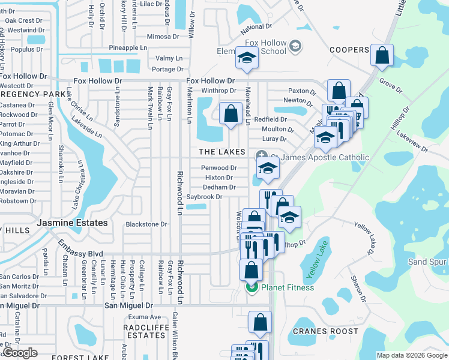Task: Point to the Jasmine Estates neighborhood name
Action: click(x=72, y=223)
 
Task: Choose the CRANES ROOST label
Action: click(x=325, y=331)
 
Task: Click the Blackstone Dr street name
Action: click(x=146, y=224)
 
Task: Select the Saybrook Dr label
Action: click(x=204, y=197)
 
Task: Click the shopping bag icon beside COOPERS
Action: click(x=382, y=56)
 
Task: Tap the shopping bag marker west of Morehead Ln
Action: click(x=231, y=113)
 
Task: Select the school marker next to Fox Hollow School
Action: click(x=247, y=58)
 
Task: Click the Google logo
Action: click(x=20, y=353)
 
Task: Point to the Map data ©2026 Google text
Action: click(x=412, y=355)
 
